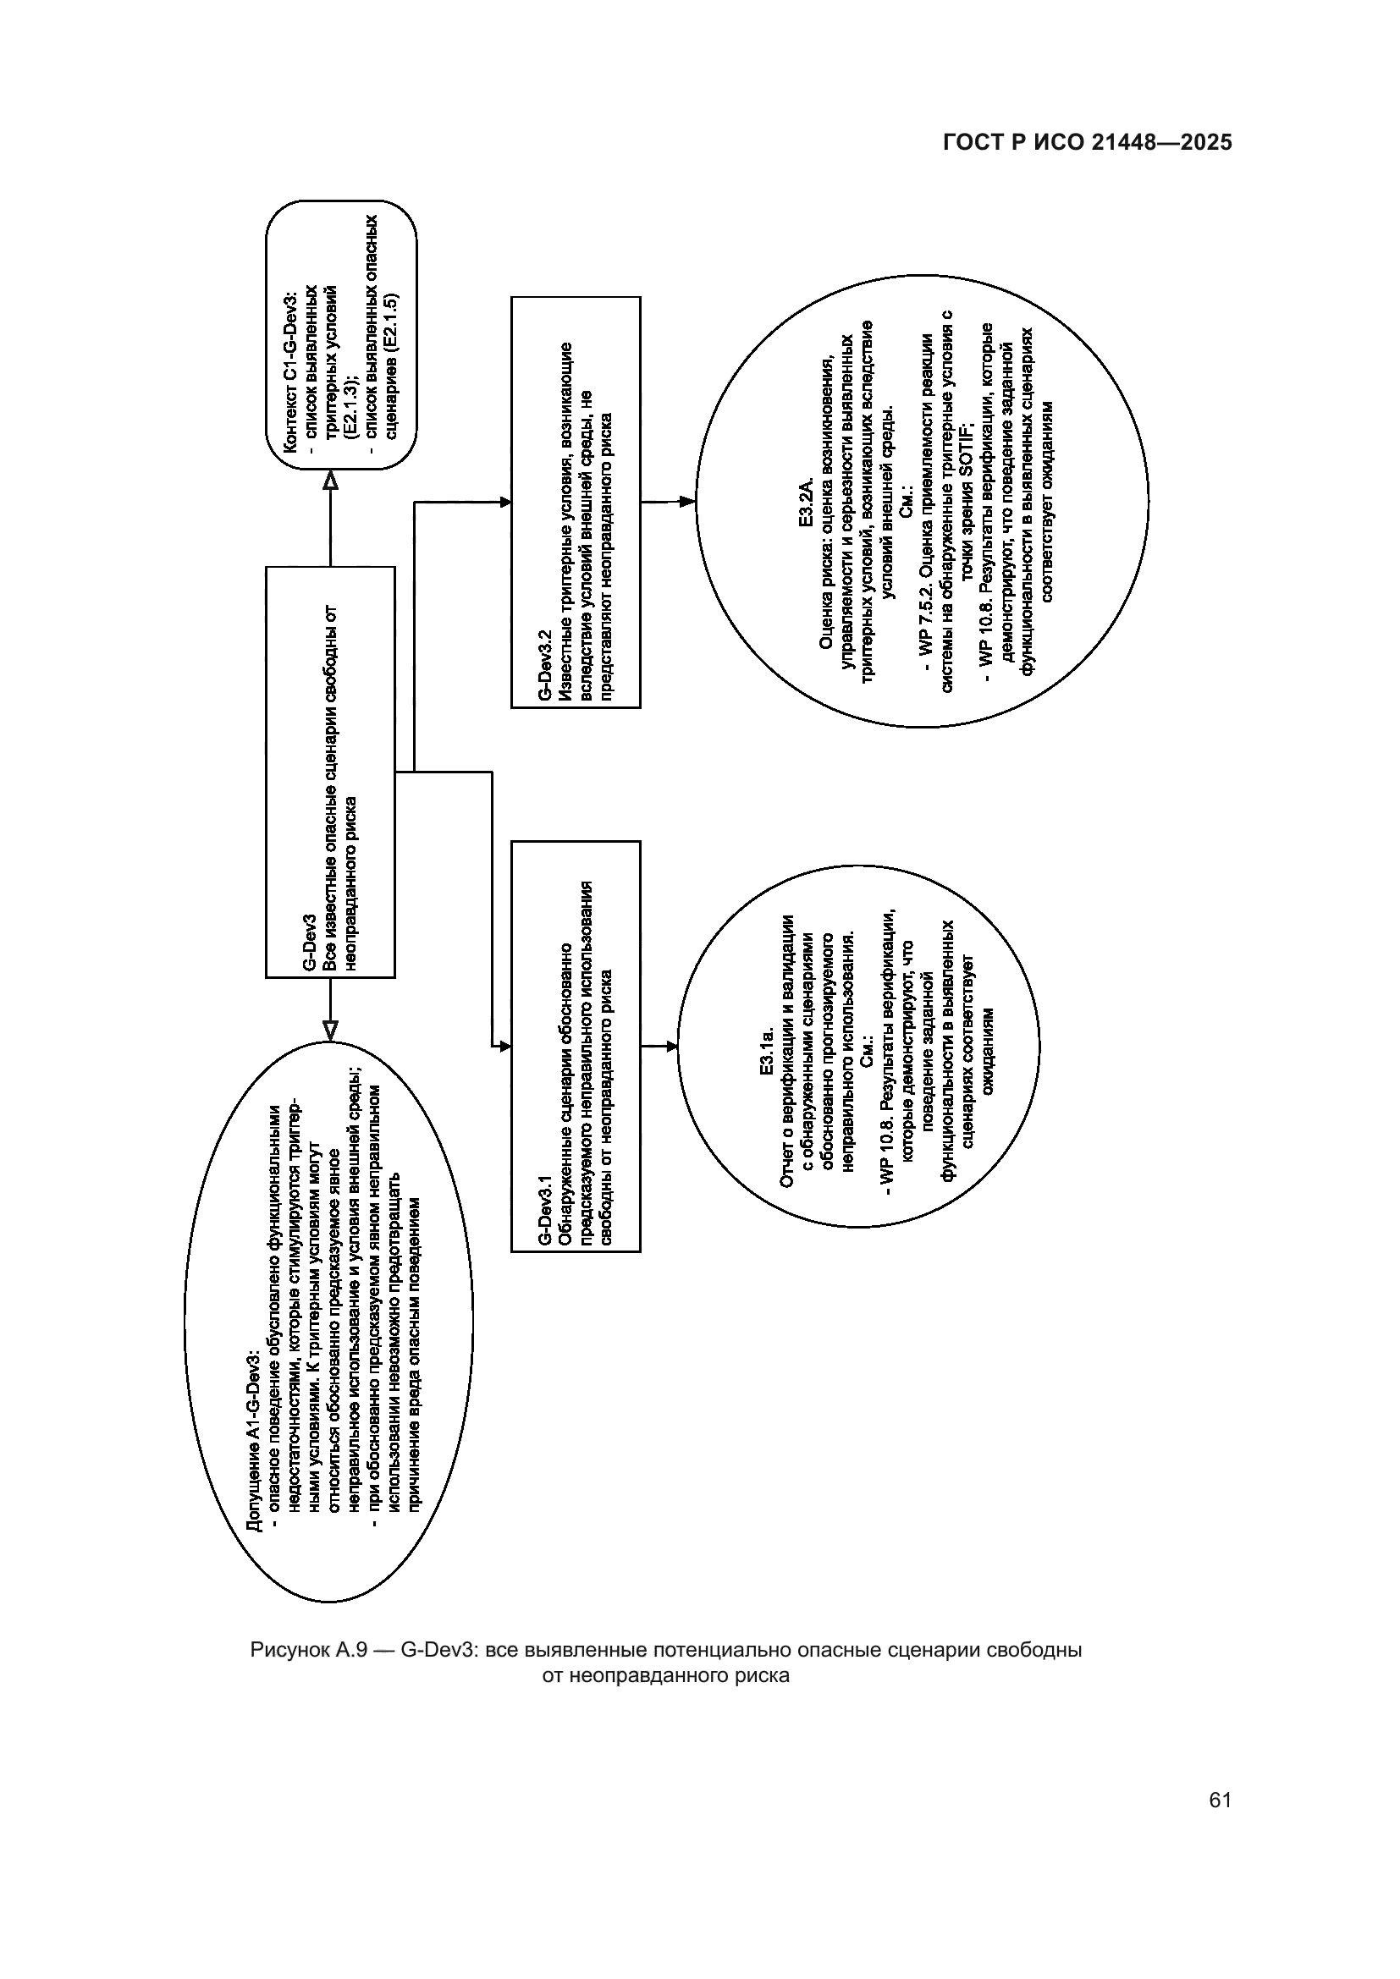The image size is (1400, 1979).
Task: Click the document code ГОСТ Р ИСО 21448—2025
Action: pyautogui.click(x=1087, y=143)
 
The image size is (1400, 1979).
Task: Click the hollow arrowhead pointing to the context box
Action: pyautogui.click(x=330, y=480)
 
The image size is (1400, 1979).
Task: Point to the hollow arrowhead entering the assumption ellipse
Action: pyautogui.click(x=330, y=1030)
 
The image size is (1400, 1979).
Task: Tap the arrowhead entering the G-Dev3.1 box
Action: pyautogui.click(x=504, y=1047)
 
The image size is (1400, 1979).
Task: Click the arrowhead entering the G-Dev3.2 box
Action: pyautogui.click(x=504, y=503)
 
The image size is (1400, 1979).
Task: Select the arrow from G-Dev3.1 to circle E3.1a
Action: pyautogui.click(x=659, y=1047)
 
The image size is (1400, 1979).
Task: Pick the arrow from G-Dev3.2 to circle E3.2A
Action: pyautogui.click(x=668, y=501)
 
